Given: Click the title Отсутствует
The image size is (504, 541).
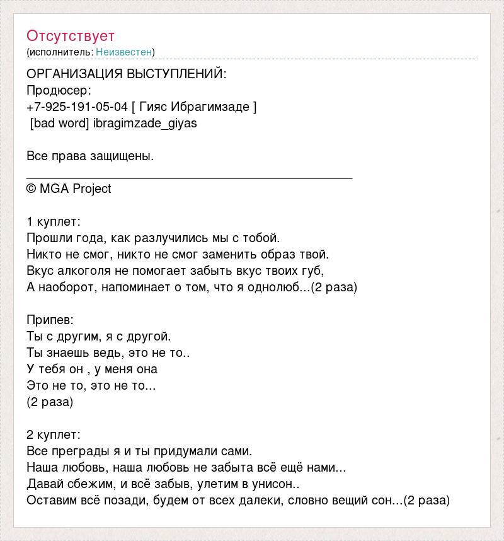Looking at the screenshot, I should (x=71, y=36).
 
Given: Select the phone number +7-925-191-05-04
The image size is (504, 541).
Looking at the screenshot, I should (x=77, y=107).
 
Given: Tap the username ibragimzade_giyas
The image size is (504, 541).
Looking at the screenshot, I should (x=145, y=123).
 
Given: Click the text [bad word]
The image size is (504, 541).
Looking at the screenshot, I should (x=59, y=123).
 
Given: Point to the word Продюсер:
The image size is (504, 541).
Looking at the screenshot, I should (x=59, y=90).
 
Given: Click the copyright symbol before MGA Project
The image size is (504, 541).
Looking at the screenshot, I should (x=31, y=189).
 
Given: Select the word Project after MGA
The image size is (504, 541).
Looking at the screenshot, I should (x=91, y=189).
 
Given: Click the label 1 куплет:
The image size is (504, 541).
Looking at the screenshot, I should (x=54, y=222).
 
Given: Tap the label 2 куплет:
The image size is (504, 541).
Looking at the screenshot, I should (x=54, y=435).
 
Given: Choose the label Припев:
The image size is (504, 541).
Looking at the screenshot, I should (x=50, y=320).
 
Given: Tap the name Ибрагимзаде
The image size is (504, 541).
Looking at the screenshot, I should (x=218, y=107).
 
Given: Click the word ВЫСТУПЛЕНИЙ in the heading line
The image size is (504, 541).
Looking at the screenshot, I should (x=176, y=74).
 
